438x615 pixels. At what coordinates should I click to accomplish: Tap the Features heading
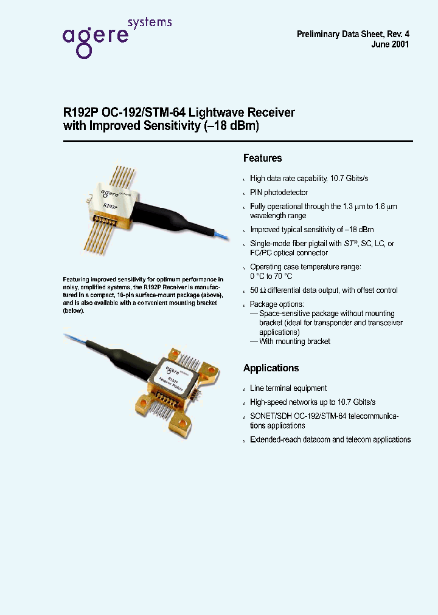click(262, 158)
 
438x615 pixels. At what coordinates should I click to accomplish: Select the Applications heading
click(271, 368)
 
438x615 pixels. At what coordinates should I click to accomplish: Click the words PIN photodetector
click(279, 192)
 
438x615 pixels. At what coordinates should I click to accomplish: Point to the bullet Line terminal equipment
click(288, 388)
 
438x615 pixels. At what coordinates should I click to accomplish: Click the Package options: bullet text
click(277, 304)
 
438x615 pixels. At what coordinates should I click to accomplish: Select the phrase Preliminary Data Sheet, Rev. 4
click(352, 34)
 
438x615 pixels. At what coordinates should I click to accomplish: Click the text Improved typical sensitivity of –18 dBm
click(312, 230)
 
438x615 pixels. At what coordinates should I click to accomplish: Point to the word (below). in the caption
click(74, 311)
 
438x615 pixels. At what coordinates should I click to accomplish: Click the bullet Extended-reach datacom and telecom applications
click(330, 439)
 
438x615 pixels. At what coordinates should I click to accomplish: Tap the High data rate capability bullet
click(309, 178)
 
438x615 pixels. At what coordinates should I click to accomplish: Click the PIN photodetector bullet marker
click(245, 193)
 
